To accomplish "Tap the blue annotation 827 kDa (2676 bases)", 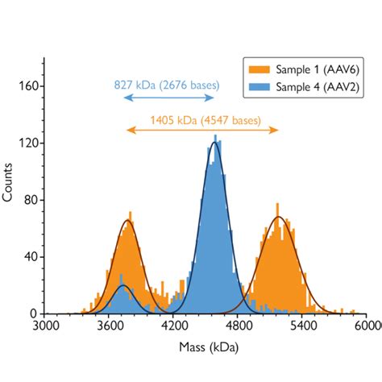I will pyautogui.click(x=168, y=84).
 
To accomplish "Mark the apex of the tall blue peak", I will pyautogui.click(x=214, y=143).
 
